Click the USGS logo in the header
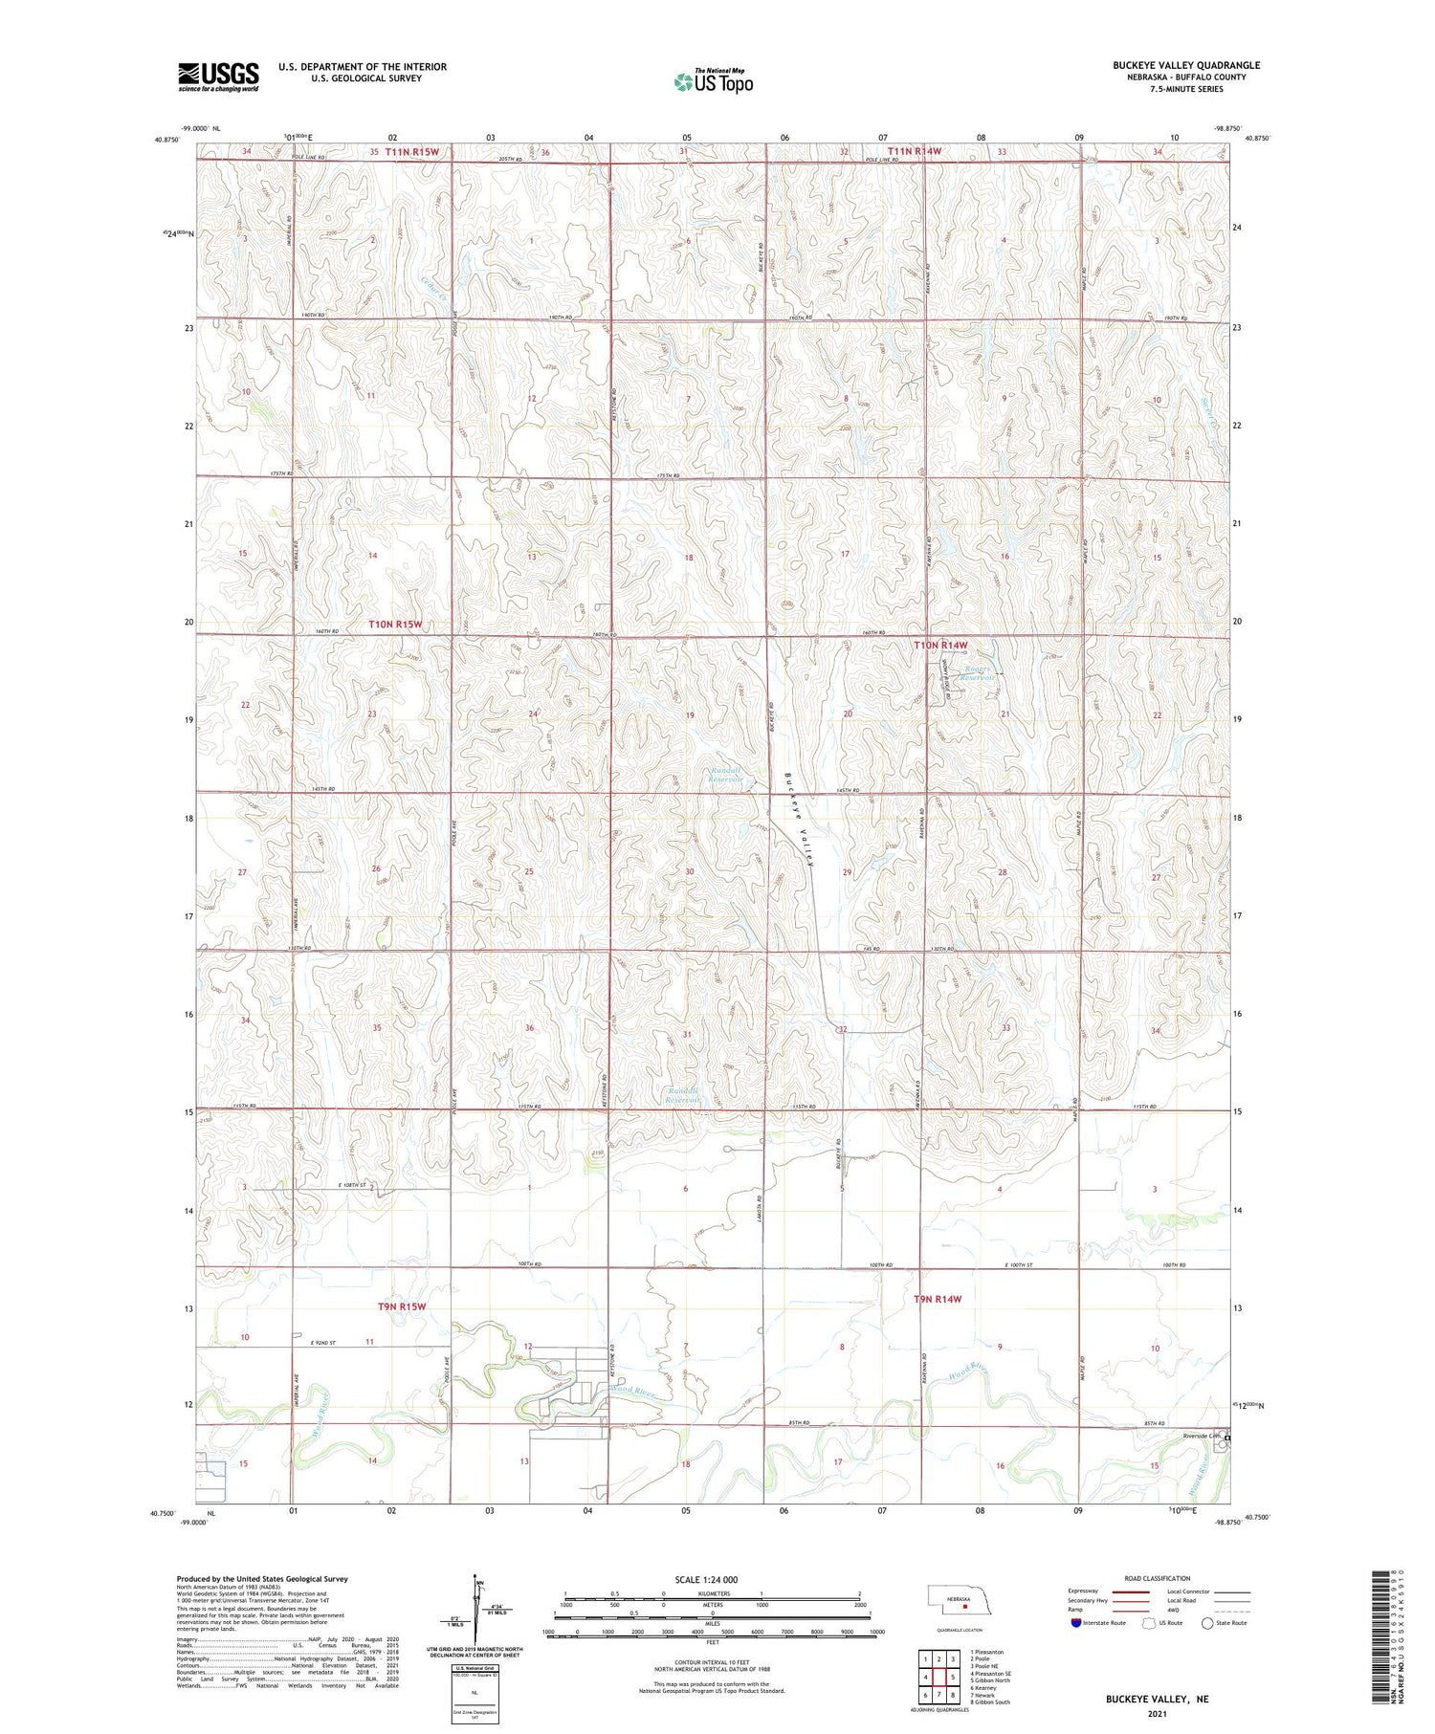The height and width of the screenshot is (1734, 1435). (x=218, y=77)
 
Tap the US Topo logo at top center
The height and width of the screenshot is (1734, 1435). (x=714, y=82)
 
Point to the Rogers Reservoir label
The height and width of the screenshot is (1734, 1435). (x=977, y=673)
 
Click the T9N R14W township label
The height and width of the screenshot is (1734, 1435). (x=937, y=1299)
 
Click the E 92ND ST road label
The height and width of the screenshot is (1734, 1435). (x=327, y=1344)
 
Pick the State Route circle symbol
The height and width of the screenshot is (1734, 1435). (x=1208, y=1623)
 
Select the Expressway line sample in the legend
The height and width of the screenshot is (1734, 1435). (x=1128, y=1591)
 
